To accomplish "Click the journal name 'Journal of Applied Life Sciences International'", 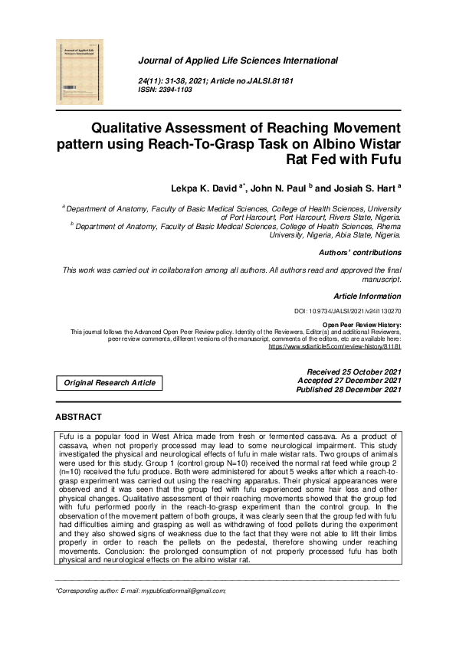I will pos(238,61).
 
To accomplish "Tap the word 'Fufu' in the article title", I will pos(381,160).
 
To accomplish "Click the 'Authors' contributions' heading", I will pos(359,252).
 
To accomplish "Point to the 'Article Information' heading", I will pos(367,296).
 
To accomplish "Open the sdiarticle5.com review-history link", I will pos(334,346).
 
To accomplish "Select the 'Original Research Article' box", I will pos(110,382).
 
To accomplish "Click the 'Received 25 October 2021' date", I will pos(353,372).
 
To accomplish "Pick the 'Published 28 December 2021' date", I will pos(349,390).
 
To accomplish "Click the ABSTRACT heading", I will pos(78,417).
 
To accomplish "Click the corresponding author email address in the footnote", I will pos(187,591).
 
